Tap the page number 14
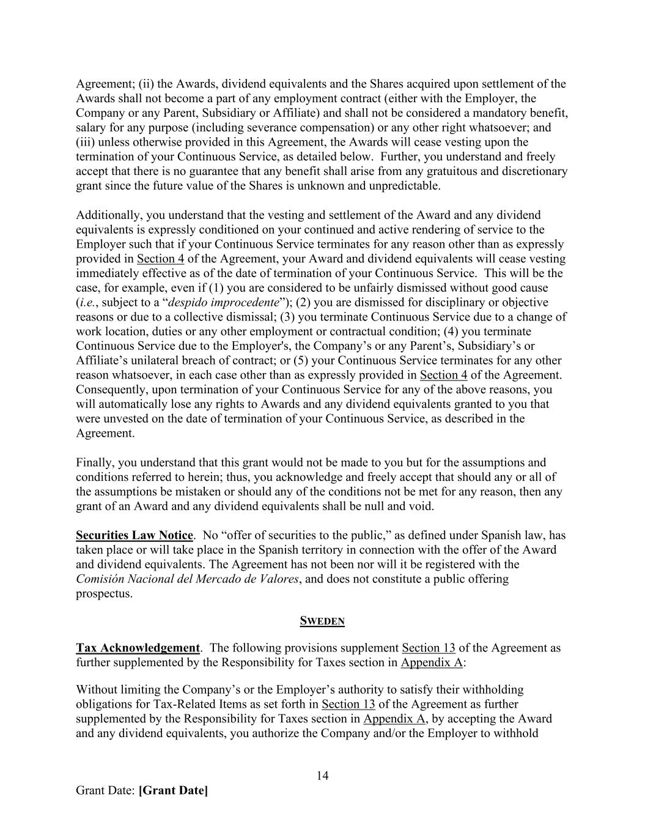[322, 776]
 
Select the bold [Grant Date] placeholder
[173, 790]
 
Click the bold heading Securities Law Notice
[134, 535]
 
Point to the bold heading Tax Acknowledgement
[138, 648]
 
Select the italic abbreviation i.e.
[86, 302]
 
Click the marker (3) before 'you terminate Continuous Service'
[287, 317]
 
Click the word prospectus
[103, 593]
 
